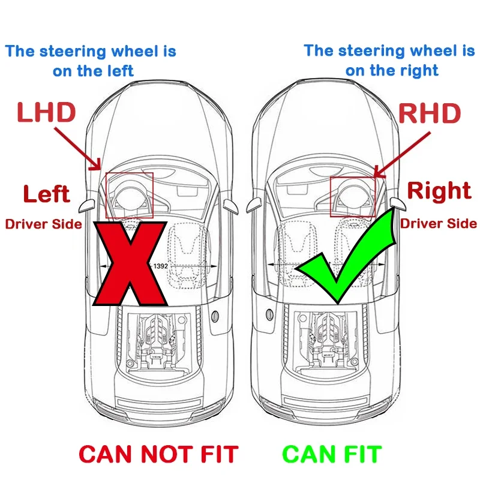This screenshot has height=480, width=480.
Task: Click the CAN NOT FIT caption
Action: pyautogui.click(x=158, y=454)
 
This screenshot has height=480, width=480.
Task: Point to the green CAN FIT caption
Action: pyautogui.click(x=332, y=454)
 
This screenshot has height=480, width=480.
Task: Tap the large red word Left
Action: pyautogui.click(x=46, y=194)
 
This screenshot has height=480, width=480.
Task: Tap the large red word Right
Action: pyautogui.click(x=439, y=191)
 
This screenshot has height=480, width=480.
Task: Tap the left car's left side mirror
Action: pyautogui.click(x=86, y=203)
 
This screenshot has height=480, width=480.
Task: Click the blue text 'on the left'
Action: pyautogui.click(x=93, y=71)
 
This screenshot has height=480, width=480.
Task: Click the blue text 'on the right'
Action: pyautogui.click(x=391, y=70)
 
